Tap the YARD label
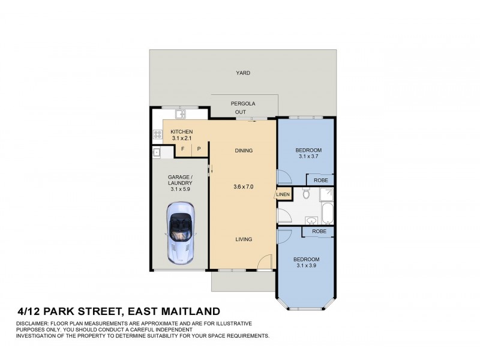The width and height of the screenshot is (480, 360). pos(243,73)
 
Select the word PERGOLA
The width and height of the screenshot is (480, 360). pos(243,104)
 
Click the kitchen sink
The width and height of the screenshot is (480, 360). pos(179,114)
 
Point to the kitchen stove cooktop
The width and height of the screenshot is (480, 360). pos(157,135)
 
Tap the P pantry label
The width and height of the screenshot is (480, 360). pos(199,149)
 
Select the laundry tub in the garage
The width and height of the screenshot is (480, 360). pos(157,152)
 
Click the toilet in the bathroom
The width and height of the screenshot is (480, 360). pos(306,193)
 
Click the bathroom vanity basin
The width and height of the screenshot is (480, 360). pos(311,220)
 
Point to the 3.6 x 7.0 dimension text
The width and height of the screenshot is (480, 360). pos(243,187)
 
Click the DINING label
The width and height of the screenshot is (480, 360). pos(243,151)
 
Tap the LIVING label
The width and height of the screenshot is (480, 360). pos(243,239)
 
